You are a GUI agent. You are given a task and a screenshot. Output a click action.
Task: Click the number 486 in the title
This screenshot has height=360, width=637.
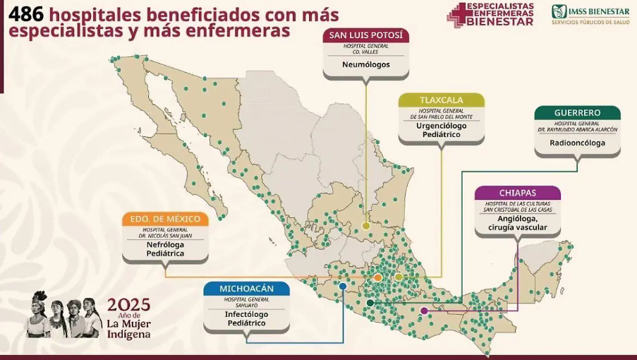point(25,14)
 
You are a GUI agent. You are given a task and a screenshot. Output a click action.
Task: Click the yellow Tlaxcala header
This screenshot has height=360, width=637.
point(441,100)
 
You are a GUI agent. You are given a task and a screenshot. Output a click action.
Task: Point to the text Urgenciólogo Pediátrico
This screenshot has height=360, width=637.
point(442,130)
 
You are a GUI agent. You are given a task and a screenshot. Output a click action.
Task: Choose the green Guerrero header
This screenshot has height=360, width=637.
point(577,112)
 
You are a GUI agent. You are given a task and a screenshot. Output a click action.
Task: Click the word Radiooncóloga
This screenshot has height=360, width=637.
point(577,142)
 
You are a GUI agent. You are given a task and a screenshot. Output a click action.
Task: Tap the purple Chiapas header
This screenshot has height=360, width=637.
point(517,193)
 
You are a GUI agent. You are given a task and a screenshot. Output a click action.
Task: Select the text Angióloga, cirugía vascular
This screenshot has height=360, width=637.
point(517,223)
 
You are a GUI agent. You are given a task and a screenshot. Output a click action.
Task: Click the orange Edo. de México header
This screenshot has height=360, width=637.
point(165,219)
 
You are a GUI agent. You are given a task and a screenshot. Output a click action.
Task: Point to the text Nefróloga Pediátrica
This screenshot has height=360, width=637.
point(165,248)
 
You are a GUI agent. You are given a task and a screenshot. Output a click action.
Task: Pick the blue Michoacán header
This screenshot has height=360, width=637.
point(246,289)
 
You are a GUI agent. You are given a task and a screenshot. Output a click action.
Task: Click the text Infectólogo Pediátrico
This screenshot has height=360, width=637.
point(246,318)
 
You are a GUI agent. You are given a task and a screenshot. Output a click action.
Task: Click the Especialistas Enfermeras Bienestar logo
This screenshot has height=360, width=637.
point(491,15)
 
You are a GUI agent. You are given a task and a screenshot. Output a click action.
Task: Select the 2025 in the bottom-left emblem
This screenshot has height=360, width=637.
point(128,305)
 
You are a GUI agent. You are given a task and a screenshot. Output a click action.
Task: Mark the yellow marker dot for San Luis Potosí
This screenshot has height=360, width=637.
point(365,226)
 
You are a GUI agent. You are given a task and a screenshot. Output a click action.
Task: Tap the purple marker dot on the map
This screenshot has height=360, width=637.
point(423,310)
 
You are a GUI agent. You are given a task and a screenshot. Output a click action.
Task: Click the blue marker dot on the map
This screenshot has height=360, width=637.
point(342,286)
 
